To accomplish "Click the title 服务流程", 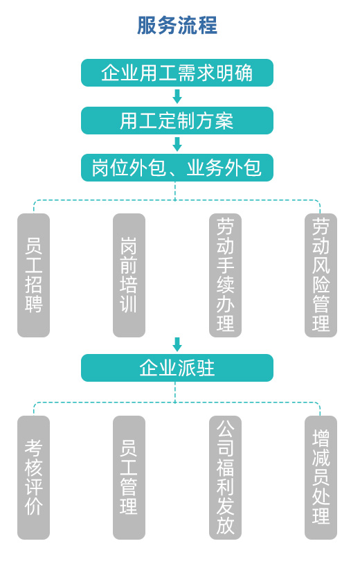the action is (x=177, y=25).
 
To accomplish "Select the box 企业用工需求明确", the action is (x=177, y=73).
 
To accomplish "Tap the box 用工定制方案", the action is (x=177, y=121).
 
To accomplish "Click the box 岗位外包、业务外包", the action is (x=177, y=168).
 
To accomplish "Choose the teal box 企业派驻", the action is (x=177, y=367).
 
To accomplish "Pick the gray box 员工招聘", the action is (x=33, y=275).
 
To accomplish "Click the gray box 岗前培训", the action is (x=129, y=275).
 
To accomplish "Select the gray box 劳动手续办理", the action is (x=226, y=275).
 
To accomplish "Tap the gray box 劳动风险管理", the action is (x=321, y=275).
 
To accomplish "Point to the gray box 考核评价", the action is (x=33, y=477).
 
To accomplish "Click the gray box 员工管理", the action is (x=129, y=477).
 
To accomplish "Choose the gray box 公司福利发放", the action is (x=226, y=477).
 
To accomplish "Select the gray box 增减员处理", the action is (x=321, y=477).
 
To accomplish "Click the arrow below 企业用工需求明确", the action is (x=177, y=96).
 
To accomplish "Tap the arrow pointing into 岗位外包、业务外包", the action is (x=177, y=144).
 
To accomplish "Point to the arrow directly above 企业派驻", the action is (x=177, y=344).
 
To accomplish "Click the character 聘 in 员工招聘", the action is (x=33, y=303).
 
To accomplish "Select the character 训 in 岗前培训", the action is (x=129, y=303).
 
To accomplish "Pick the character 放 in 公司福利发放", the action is (x=226, y=525).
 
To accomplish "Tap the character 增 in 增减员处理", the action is (x=321, y=439).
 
